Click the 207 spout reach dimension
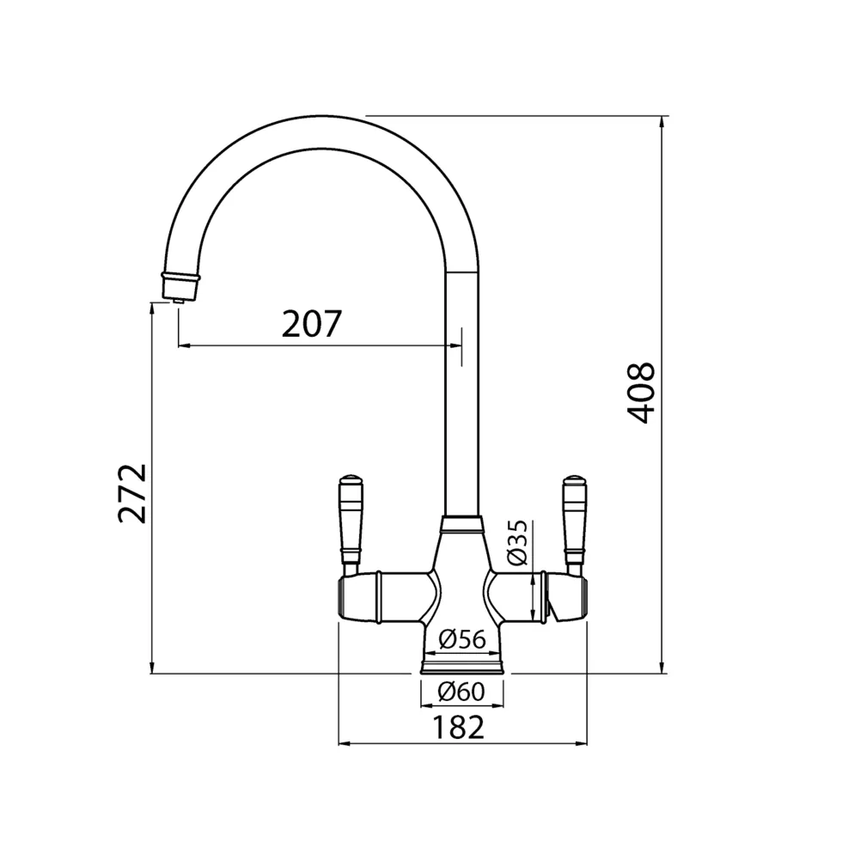pos(312,323)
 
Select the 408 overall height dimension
pos(641,394)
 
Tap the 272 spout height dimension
pos(132,493)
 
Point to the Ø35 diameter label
pos(517,542)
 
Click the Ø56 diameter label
pos(462,639)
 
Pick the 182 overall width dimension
pos(458,728)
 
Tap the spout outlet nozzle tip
pos(180,301)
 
